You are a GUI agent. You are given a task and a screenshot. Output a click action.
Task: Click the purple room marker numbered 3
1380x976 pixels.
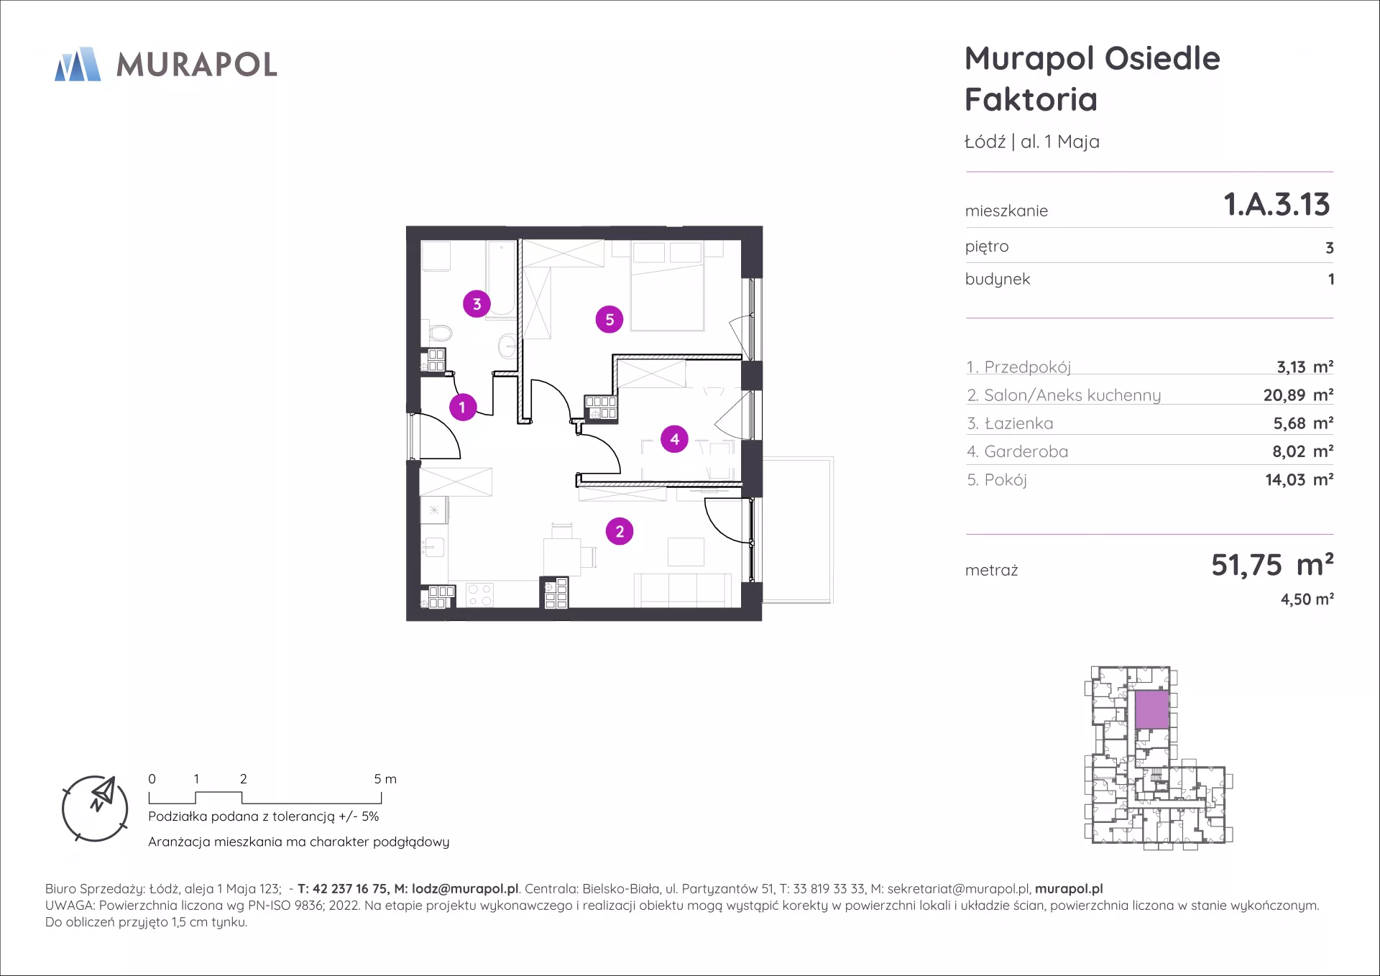(477, 304)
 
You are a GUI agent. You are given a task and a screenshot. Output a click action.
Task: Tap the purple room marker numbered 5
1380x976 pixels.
(609, 319)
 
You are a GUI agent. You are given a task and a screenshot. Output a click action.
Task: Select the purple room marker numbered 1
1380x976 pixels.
(463, 408)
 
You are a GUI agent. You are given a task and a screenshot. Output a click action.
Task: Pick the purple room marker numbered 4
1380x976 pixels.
(674, 439)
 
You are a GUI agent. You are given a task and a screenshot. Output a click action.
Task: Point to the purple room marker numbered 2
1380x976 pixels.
(620, 532)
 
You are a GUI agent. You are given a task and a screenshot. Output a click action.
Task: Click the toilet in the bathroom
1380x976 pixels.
(439, 333)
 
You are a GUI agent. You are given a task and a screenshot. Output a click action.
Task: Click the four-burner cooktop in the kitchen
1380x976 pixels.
(480, 595)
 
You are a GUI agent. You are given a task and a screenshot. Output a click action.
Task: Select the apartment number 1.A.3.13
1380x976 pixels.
(1277, 205)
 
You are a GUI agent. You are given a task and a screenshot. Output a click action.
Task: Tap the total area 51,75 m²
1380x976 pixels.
(1272, 565)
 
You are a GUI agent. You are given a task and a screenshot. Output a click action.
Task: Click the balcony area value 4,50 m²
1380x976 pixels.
(1307, 599)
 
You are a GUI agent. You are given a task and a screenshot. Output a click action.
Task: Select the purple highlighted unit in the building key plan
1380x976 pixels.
(1152, 709)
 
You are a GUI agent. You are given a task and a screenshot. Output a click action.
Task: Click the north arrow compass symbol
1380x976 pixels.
(95, 809)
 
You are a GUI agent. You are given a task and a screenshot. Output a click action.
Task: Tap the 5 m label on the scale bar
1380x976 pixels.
(385, 779)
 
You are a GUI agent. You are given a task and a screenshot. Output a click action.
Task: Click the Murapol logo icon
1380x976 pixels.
(78, 65)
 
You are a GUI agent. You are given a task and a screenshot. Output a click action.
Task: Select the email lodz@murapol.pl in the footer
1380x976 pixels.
(465, 889)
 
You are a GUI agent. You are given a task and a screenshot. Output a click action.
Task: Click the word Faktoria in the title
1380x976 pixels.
(1031, 99)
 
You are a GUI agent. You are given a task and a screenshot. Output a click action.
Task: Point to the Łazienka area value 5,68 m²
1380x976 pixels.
(1303, 423)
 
